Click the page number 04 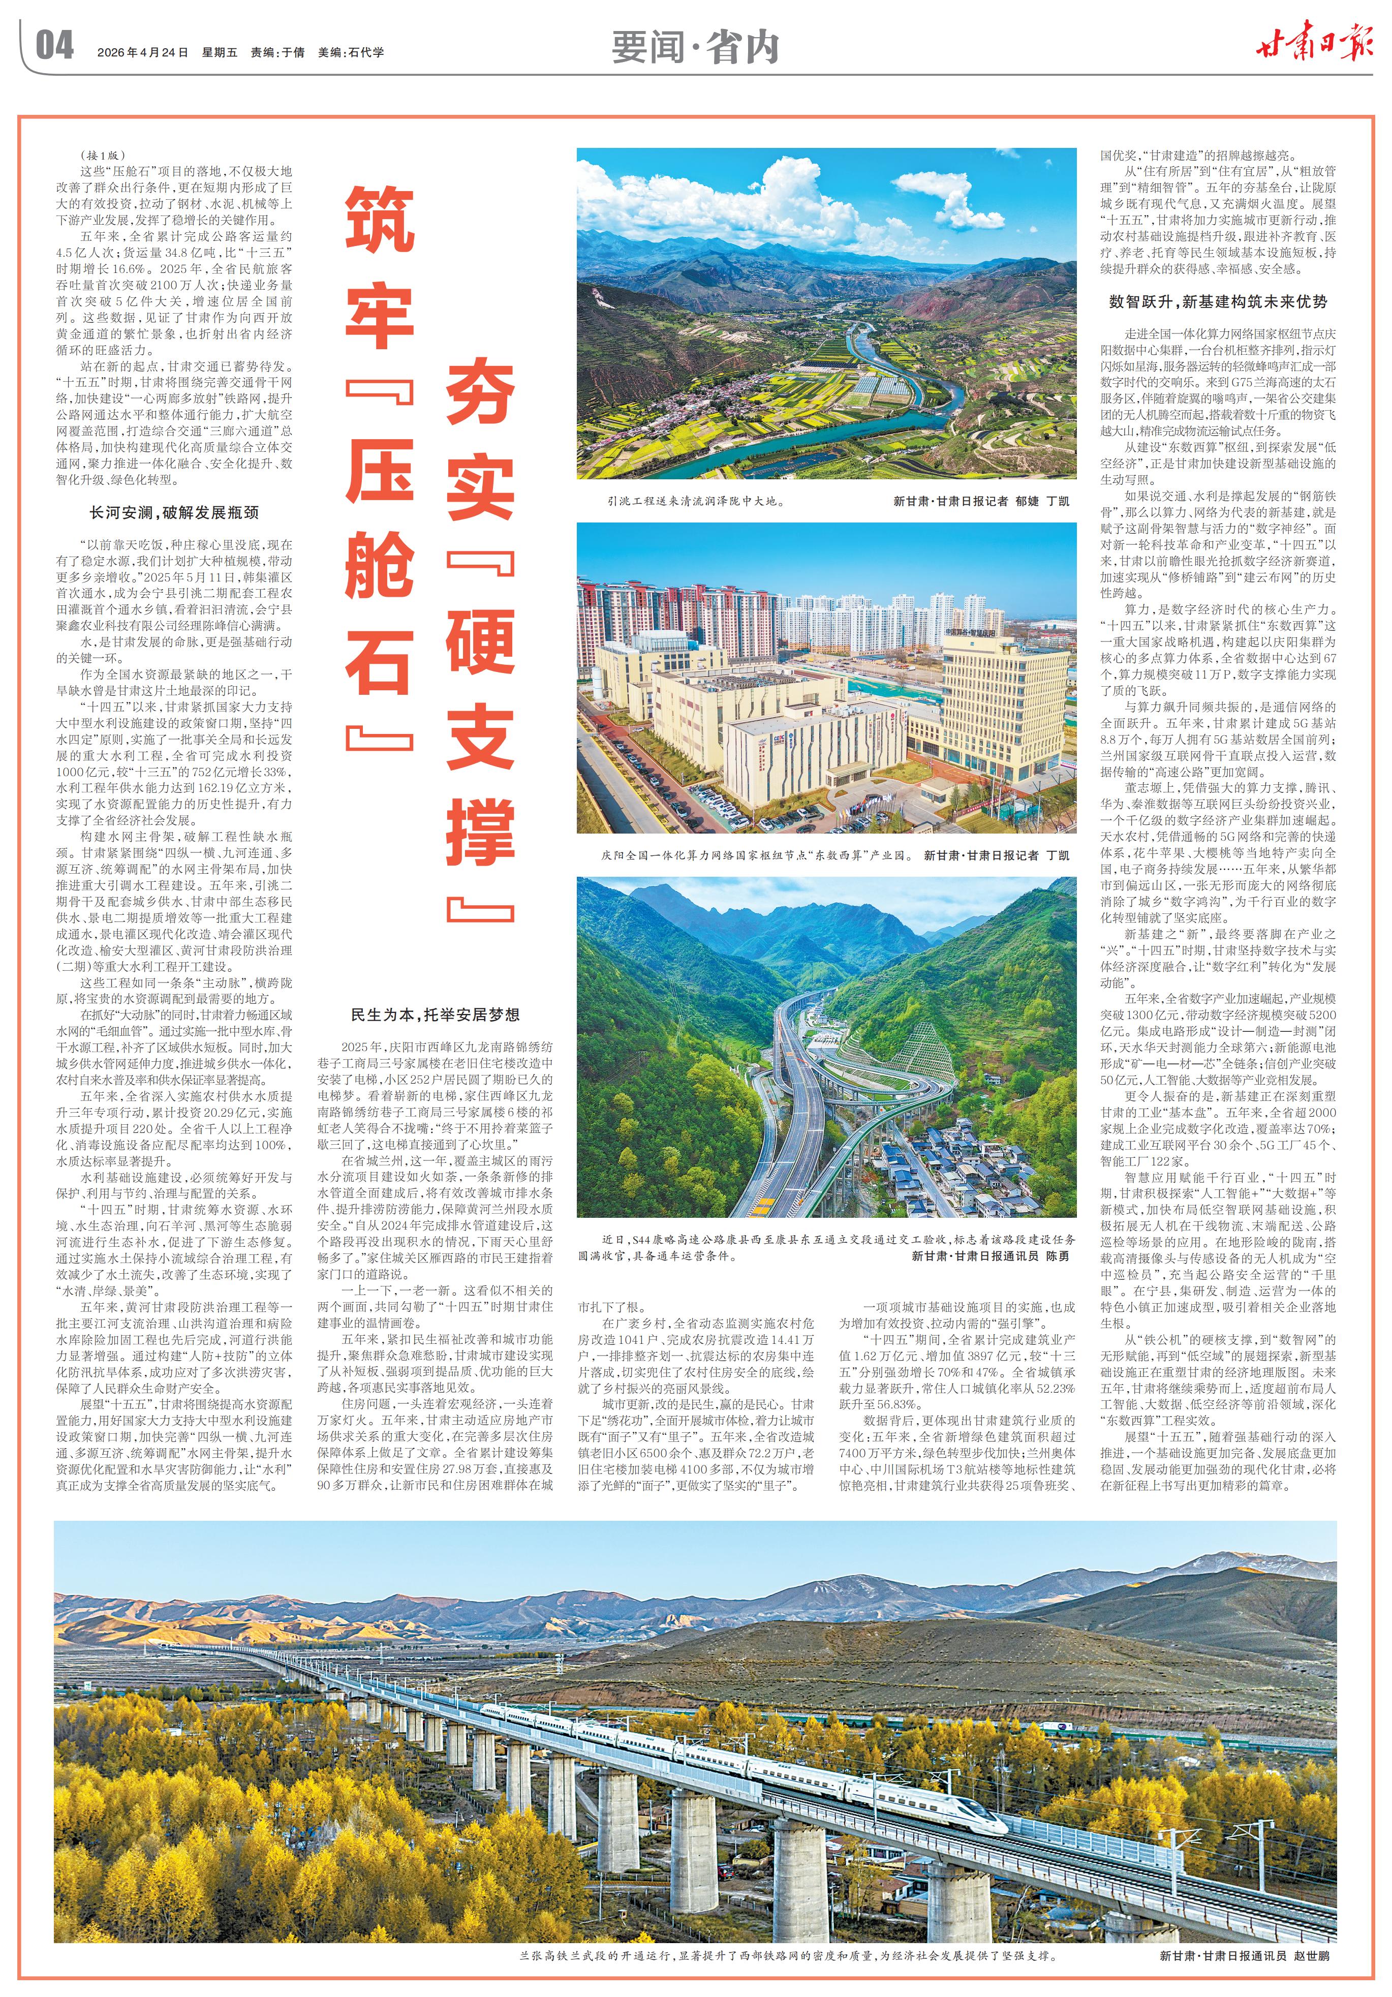click(54, 45)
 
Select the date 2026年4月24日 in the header click(143, 52)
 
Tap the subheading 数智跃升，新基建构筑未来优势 click(1217, 302)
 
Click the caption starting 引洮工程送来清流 click(696, 501)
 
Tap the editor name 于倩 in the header click(293, 52)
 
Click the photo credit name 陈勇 click(1057, 1256)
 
